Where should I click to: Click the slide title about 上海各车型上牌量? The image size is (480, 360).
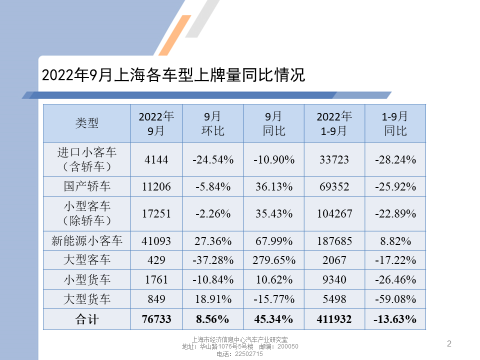pyautogui.click(x=173, y=75)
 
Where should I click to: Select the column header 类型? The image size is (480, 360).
pyautogui.click(x=86, y=123)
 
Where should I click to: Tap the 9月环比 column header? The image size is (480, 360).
pyautogui.click(x=213, y=123)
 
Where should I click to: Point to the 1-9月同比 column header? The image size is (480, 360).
pyautogui.click(x=395, y=123)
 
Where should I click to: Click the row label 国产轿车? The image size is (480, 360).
pyautogui.click(x=86, y=186)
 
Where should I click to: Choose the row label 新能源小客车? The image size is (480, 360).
pyautogui.click(x=86, y=241)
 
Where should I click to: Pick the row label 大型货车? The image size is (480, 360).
pyautogui.click(x=86, y=299)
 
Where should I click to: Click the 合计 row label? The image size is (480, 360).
pyautogui.click(x=86, y=319)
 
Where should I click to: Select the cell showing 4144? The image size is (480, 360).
pyautogui.click(x=156, y=160)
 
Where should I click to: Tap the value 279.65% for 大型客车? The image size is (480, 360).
pyautogui.click(x=274, y=260)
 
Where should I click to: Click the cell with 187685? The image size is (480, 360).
pyautogui.click(x=334, y=241)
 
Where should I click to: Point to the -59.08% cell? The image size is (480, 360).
pyautogui.click(x=395, y=299)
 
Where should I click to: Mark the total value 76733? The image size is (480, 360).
pyautogui.click(x=156, y=319)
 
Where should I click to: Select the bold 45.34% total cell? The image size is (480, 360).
pyautogui.click(x=274, y=319)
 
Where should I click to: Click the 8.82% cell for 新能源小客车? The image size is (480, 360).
pyautogui.click(x=395, y=241)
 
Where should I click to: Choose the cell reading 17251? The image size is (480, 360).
pyautogui.click(x=156, y=213)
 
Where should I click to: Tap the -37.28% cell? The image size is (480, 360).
pyautogui.click(x=213, y=260)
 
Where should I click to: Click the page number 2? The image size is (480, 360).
pyautogui.click(x=448, y=343)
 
